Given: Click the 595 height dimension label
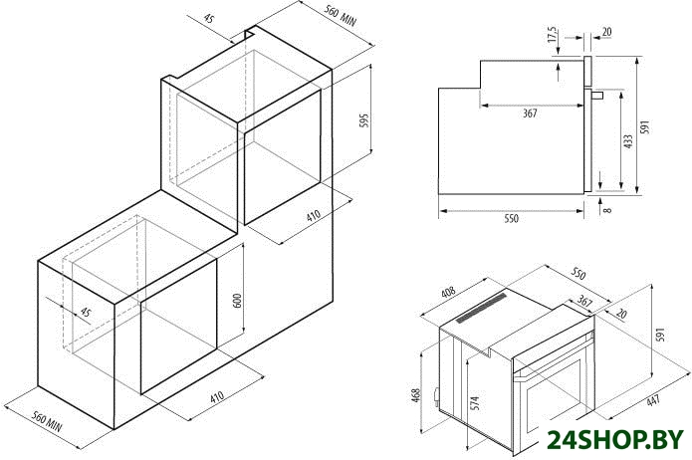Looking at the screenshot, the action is (364, 120).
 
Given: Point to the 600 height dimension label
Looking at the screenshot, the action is (237, 300).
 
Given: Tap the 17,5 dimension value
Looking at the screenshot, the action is (553, 35).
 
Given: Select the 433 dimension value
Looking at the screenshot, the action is (628, 141).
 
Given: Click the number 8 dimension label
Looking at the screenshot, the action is (607, 210).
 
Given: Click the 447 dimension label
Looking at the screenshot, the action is (653, 400).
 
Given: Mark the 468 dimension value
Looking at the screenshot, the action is (416, 395).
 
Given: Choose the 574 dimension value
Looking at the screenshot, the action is (474, 403).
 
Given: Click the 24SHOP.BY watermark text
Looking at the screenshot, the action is (615, 440).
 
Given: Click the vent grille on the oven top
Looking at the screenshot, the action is (482, 308).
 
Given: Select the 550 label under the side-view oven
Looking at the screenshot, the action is (511, 218).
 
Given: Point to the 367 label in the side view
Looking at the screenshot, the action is (530, 114).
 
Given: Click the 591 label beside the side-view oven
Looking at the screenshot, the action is (645, 126).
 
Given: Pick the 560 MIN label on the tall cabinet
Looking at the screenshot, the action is (341, 16).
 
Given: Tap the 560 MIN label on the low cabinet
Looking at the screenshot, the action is (47, 421).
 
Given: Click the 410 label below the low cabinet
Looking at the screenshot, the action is (217, 396).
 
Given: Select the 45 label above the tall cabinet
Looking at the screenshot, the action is (209, 19).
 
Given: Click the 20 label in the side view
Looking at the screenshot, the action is (606, 32).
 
